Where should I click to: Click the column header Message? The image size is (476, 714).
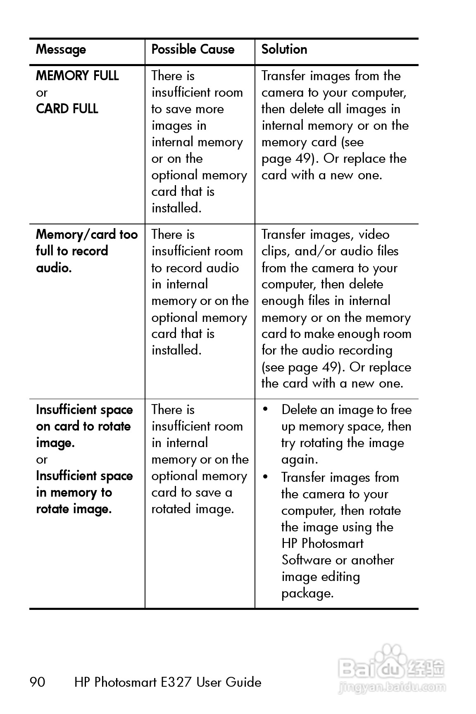61,50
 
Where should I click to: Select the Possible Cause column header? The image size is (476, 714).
193,50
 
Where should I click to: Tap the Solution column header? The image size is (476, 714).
284,50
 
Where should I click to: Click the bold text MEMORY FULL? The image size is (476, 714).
77,76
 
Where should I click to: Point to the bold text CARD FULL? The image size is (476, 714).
67,109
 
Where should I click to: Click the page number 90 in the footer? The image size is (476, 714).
37,682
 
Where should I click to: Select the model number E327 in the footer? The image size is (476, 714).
176,682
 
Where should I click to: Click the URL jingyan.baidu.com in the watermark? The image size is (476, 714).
392,688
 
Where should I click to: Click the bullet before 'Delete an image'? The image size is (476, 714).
266,410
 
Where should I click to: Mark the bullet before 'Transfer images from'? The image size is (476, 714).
266,478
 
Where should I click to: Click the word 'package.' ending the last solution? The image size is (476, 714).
307,593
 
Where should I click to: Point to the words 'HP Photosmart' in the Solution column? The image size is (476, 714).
322,543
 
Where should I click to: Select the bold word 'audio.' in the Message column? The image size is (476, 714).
54,268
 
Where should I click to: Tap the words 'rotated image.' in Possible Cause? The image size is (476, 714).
193,509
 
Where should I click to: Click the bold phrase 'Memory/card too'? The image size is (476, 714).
87,235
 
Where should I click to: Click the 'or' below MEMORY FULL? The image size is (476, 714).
42,93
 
